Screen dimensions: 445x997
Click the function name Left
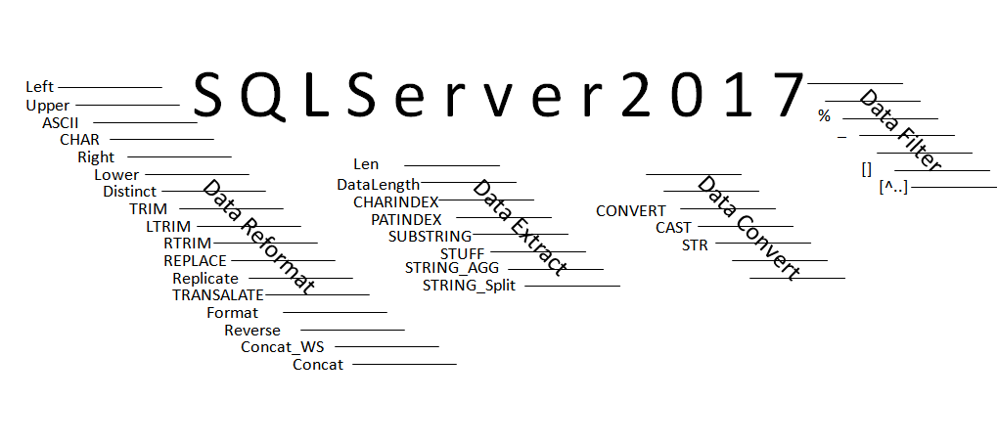(39, 87)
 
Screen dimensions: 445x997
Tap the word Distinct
(129, 192)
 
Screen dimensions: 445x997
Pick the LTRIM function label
(166, 226)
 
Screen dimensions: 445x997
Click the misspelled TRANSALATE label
(218, 294)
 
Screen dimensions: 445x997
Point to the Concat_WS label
(275, 346)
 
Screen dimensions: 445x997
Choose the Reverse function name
(252, 330)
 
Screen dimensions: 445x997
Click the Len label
(365, 164)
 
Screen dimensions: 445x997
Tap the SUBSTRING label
(430, 236)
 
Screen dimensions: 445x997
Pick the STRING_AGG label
(452, 267)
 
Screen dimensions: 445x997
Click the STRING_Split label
(469, 286)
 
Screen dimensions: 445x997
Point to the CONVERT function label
(631, 210)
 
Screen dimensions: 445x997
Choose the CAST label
(673, 228)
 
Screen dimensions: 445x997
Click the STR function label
(695, 245)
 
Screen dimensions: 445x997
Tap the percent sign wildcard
(824, 116)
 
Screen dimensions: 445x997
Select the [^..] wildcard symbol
(893, 186)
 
